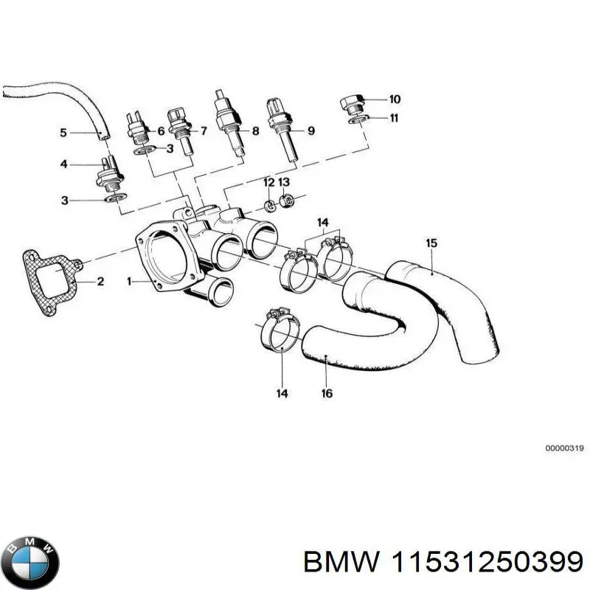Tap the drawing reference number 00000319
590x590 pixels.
click(564, 448)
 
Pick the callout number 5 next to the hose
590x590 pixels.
click(63, 133)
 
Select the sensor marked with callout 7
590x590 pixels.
click(180, 128)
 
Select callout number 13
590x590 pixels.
click(285, 182)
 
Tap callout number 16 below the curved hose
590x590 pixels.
click(326, 393)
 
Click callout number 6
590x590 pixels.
click(160, 131)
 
